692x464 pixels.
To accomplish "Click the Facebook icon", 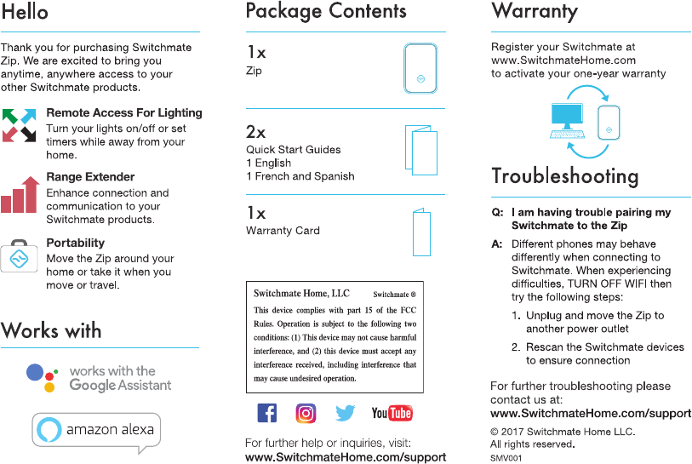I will point(266,413).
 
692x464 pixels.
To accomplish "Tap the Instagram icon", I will point(306,413).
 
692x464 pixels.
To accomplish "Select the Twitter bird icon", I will point(345,413).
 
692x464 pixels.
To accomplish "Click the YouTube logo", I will point(392,413).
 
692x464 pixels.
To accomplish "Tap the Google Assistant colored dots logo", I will point(42,377).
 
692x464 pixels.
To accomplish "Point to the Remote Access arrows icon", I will point(19,124).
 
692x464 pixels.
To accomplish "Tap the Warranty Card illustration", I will point(421,231).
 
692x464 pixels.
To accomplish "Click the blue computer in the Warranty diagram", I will point(567,119).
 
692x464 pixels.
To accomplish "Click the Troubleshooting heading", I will point(564,176).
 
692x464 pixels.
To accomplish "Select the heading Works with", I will point(51,330).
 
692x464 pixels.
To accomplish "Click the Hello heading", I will point(25,12).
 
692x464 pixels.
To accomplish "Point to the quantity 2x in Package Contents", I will point(255,132).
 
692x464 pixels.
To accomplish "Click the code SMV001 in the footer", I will point(506,457).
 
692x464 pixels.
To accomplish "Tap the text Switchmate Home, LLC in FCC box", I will point(301,294).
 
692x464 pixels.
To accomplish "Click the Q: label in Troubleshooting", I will point(497,212).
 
